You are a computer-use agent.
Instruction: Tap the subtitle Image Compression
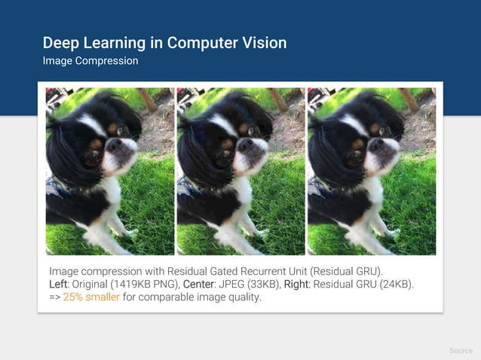90,60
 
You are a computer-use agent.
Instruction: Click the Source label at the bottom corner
461,351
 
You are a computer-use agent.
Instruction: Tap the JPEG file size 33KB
261,283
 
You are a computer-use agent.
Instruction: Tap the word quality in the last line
244,297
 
